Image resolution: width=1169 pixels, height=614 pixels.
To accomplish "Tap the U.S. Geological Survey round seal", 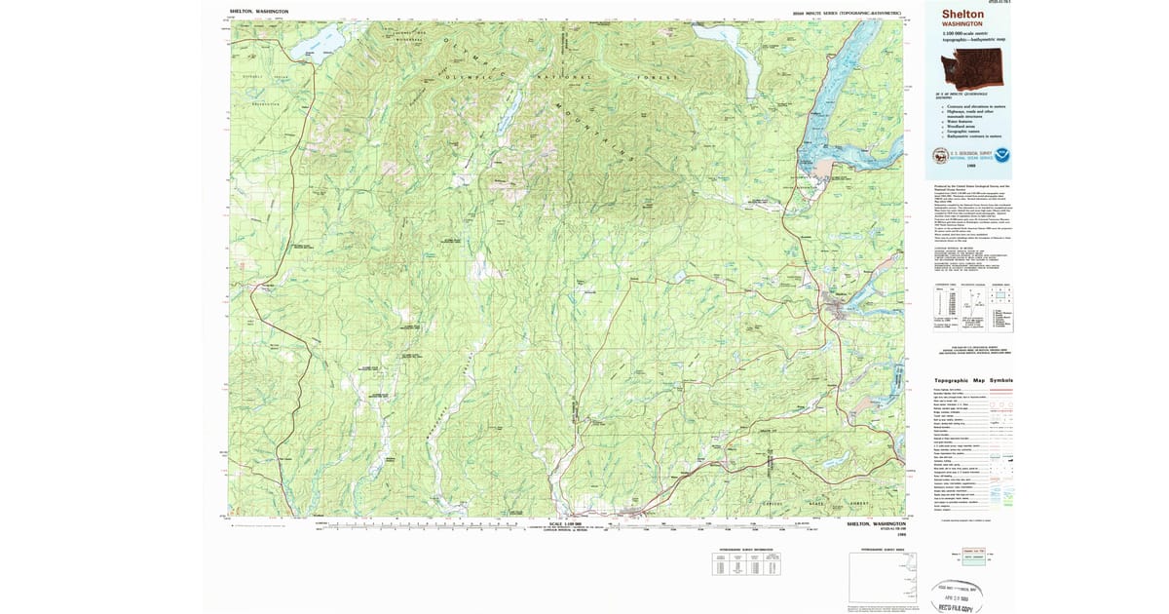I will tap(940, 154).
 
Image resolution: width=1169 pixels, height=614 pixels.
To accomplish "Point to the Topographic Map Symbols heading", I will tap(973, 380).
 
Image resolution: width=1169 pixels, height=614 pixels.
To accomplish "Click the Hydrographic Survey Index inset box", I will tap(885, 579).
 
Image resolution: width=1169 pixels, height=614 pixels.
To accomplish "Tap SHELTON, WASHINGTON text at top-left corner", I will tap(251, 12).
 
